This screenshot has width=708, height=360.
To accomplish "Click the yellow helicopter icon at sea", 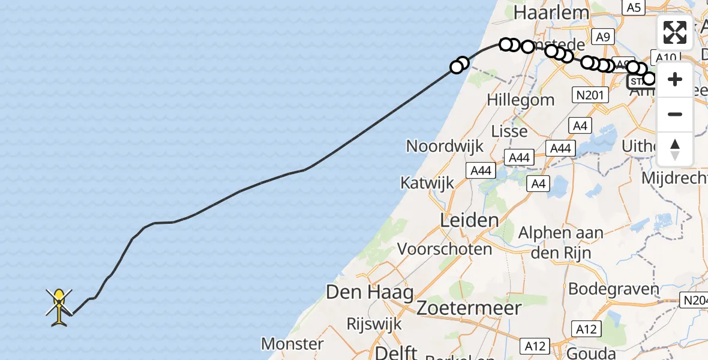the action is [59, 307].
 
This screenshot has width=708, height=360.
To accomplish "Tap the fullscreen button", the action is [675, 32].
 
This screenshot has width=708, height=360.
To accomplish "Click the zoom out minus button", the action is [675, 114].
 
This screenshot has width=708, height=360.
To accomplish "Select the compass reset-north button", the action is [675, 149].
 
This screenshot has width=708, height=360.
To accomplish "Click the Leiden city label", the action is [469, 220].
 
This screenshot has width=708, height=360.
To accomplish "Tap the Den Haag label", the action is [370, 293].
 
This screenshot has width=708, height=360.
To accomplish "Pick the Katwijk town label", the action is [427, 182].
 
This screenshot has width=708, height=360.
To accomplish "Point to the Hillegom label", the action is [521, 100].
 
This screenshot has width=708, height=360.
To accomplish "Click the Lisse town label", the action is [509, 131].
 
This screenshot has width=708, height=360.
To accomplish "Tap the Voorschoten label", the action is [445, 248].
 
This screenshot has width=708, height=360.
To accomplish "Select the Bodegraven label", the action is [613, 289].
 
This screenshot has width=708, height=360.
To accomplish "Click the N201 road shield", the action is [589, 94].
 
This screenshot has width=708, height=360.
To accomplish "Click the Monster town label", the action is [293, 344].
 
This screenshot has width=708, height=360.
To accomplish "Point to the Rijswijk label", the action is [374, 323].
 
